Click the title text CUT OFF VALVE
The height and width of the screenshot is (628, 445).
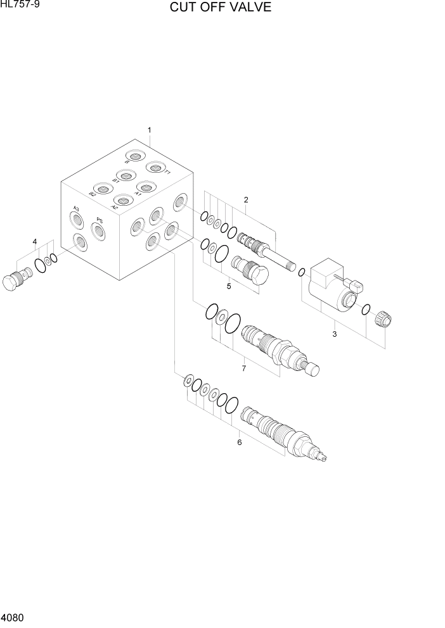220,8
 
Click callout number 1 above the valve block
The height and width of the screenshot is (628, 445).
149,130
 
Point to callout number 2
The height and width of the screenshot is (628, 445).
246,200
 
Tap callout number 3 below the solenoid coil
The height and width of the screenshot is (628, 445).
335,334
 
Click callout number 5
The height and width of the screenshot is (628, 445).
229,286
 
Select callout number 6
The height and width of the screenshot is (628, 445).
239,443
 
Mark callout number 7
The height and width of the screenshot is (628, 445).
243,368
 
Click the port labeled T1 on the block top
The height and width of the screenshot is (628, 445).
155,168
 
